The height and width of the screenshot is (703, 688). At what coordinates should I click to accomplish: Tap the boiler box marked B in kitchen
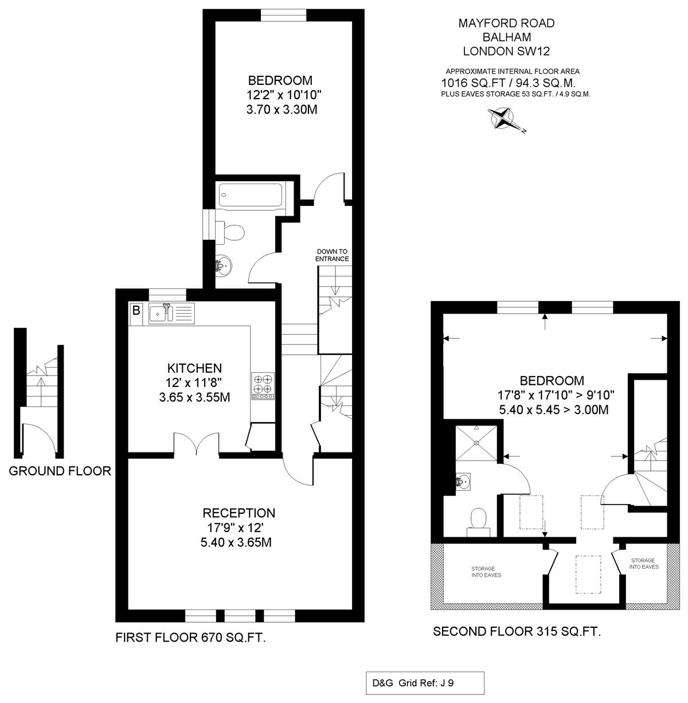click(x=136, y=310)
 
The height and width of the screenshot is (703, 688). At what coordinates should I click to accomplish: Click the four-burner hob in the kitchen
click(x=263, y=386)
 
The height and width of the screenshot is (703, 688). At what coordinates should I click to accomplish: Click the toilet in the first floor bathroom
click(x=229, y=233)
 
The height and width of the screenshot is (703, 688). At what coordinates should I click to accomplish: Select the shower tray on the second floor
click(x=476, y=443)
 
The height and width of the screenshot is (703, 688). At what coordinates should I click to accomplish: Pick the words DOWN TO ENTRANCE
click(x=332, y=255)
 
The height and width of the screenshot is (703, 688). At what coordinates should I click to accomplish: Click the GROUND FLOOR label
click(x=60, y=471)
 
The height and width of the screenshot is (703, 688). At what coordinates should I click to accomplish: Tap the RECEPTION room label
click(x=239, y=513)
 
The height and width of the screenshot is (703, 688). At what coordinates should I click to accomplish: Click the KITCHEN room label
click(x=194, y=368)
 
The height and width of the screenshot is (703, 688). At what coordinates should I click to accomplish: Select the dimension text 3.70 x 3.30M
click(x=282, y=110)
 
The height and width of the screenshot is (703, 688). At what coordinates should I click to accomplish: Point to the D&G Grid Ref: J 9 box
click(x=425, y=682)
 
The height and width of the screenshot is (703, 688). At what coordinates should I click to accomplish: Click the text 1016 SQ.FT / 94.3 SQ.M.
click(x=509, y=83)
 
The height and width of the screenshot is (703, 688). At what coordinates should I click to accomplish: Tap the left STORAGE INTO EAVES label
click(x=486, y=572)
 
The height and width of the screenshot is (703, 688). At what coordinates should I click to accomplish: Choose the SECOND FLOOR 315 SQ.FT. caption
click(x=517, y=631)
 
